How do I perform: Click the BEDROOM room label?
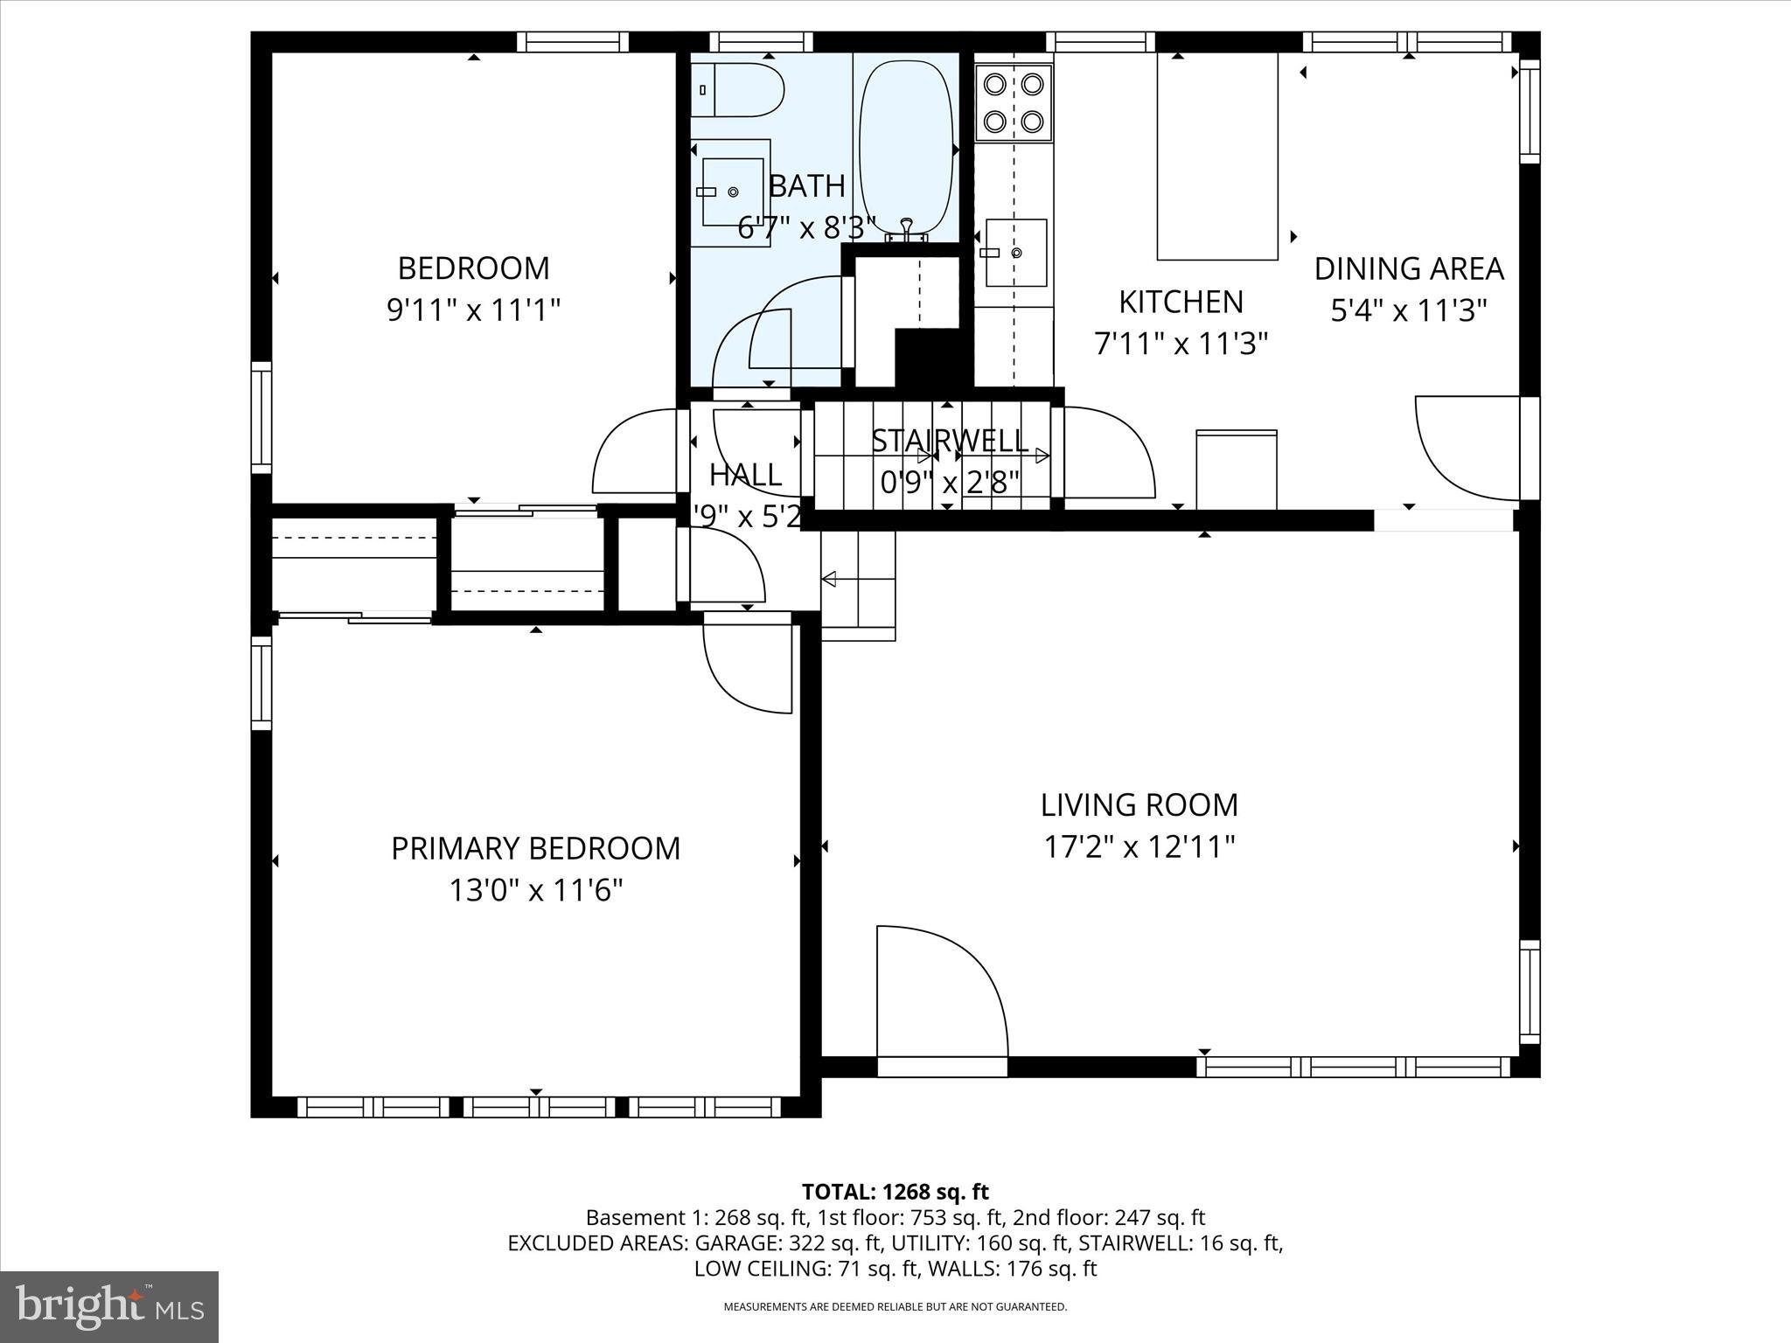(473, 268)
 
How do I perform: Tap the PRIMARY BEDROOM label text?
(535, 849)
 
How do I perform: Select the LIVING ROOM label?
(1139, 805)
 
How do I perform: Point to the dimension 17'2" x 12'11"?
(1139, 847)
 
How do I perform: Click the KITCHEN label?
(1181, 303)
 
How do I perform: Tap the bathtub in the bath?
(904, 144)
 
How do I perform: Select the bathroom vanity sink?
(733, 191)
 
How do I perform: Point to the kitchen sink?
(1016, 253)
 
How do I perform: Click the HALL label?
(745, 476)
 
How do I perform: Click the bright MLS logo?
(109, 1307)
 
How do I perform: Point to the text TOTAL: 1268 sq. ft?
(895, 1192)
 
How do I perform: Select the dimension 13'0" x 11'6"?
(535, 891)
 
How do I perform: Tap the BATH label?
(806, 186)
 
